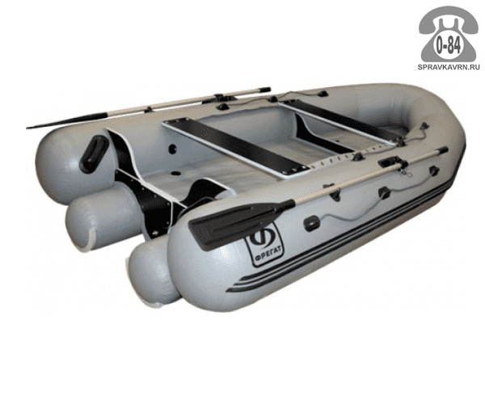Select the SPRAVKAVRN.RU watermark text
449,67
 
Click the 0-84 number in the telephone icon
448,46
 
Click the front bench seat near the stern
236,148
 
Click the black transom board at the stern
149,191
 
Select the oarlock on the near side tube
392,163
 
